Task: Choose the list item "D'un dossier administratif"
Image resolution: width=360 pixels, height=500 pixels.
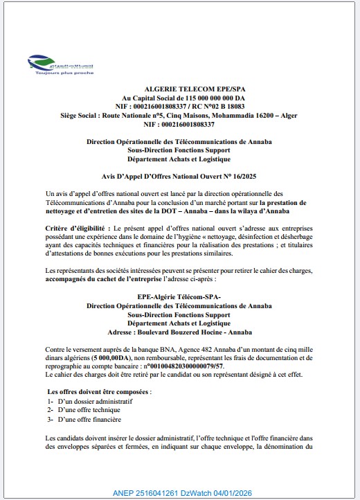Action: [93, 401]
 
